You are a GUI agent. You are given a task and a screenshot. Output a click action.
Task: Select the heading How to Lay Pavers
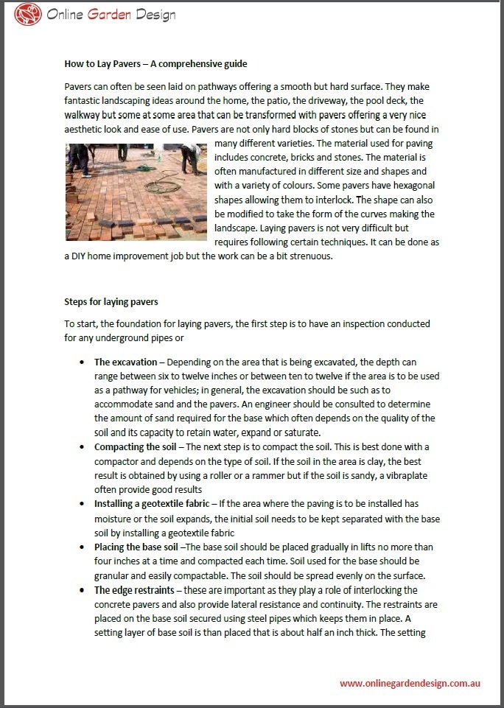[155, 64]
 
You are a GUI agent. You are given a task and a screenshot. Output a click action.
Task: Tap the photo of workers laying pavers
[136, 192]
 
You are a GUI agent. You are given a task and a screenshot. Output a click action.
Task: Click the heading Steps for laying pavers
[111, 301]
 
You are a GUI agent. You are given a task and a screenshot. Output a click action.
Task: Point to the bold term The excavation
[125, 362]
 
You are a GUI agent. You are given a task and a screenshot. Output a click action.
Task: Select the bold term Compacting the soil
[139, 447]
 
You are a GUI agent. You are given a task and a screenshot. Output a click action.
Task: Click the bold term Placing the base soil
[136, 547]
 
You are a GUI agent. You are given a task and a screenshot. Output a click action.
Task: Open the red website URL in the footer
[410, 683]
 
